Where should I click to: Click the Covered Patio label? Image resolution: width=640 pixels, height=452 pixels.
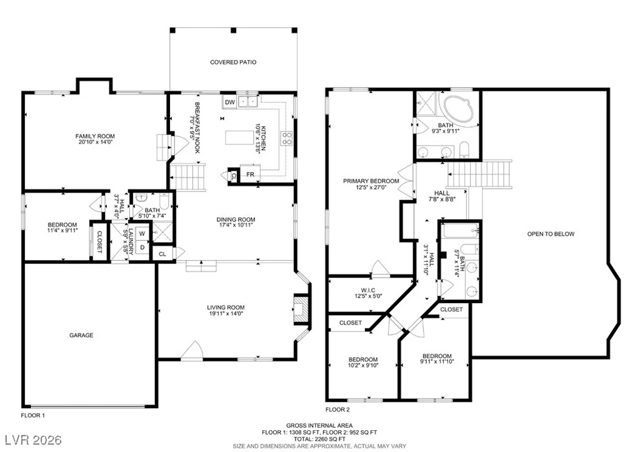tap(233, 62)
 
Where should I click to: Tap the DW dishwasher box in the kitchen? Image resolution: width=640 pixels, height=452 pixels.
tap(230, 102)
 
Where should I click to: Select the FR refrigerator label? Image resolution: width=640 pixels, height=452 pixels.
tap(250, 174)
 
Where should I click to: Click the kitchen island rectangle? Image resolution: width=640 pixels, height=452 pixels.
tap(239, 138)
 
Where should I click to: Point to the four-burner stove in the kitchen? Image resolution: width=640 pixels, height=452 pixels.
tap(286, 138)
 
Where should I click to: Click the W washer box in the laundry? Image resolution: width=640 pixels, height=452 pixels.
tap(142, 234)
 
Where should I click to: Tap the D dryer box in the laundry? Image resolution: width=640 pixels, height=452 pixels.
tap(142, 247)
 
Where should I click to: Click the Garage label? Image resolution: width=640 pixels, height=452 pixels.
tap(81, 335)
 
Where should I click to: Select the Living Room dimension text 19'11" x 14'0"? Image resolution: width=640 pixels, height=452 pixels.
tap(225, 314)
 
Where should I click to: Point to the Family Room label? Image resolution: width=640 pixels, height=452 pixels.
tap(95, 136)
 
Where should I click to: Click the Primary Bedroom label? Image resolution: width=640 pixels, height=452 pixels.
tap(371, 181)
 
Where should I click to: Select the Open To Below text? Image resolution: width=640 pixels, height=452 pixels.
tap(551, 234)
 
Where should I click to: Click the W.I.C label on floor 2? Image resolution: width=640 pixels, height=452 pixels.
tap(368, 290)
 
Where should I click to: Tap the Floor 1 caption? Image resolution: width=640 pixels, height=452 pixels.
tap(32, 415)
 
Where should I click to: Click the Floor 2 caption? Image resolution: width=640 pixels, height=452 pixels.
tap(337, 409)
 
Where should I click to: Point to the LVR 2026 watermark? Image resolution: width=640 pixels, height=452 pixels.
tap(34, 439)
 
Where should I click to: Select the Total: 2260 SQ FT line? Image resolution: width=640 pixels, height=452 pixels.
tap(319, 439)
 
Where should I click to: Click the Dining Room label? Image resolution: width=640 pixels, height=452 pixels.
tap(236, 219)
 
